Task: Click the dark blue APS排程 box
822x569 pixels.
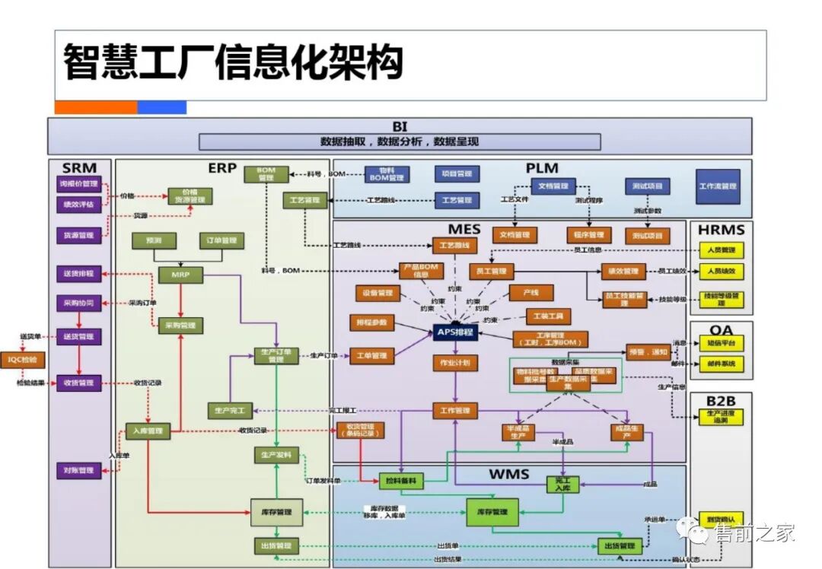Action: pyautogui.click(x=455, y=332)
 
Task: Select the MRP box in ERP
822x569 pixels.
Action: pyautogui.click(x=180, y=275)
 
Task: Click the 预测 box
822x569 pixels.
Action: pyautogui.click(x=154, y=240)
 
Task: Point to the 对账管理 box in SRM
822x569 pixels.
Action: pyautogui.click(x=78, y=471)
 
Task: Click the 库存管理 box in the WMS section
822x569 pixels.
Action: pyautogui.click(x=492, y=512)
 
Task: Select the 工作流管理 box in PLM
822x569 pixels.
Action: pyautogui.click(x=717, y=186)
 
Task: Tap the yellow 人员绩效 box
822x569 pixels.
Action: pyautogui.click(x=722, y=272)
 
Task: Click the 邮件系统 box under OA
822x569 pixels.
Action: pyautogui.click(x=721, y=364)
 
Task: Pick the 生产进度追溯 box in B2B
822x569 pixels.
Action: pyautogui.click(x=721, y=416)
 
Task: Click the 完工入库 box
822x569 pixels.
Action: pyautogui.click(x=562, y=484)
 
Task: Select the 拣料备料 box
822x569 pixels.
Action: pyautogui.click(x=402, y=481)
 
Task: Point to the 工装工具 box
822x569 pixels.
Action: pyautogui.click(x=549, y=316)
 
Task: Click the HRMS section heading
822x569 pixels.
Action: pyautogui.click(x=720, y=229)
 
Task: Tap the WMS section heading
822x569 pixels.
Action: pyautogui.click(x=508, y=475)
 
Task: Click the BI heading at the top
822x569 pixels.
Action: pyautogui.click(x=400, y=126)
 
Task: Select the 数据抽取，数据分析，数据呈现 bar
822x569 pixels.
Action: pyautogui.click(x=400, y=142)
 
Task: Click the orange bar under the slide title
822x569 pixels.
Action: pyautogui.click(x=96, y=107)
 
